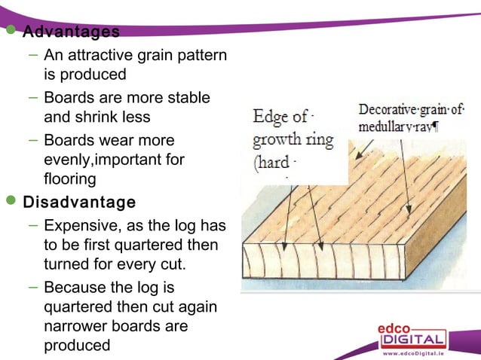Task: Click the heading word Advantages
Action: tap(71, 32)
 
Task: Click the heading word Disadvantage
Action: tap(80, 203)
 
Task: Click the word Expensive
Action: tap(78, 227)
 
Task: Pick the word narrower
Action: tap(76, 327)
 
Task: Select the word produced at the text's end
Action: tap(77, 346)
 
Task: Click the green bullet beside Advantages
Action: tap(11, 32)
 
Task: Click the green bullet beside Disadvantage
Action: tap(11, 202)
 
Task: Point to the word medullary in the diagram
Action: tap(388, 126)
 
